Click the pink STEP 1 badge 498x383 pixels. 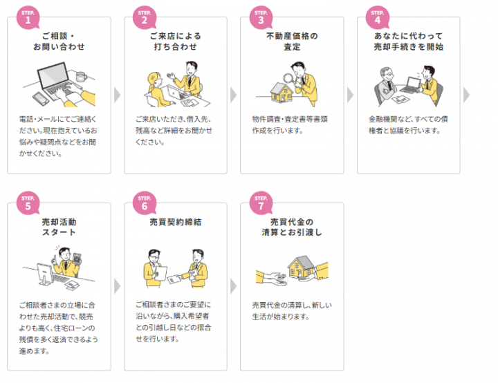(28, 17)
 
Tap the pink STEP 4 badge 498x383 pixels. (378, 17)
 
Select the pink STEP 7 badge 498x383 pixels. (261, 203)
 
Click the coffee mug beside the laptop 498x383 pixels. (81, 77)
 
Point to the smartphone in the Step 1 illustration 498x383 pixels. (41, 98)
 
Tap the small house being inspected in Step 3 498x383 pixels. (282, 93)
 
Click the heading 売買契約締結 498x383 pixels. (175, 222)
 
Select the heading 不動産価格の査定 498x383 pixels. (292, 41)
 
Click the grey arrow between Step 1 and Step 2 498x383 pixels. (117, 95)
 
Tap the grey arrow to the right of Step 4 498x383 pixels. (466, 95)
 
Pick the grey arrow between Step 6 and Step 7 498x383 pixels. (234, 286)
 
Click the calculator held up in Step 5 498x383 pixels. (77, 258)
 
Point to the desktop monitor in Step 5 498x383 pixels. (44, 274)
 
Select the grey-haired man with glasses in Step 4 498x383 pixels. (385, 86)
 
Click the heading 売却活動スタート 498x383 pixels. (59, 227)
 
